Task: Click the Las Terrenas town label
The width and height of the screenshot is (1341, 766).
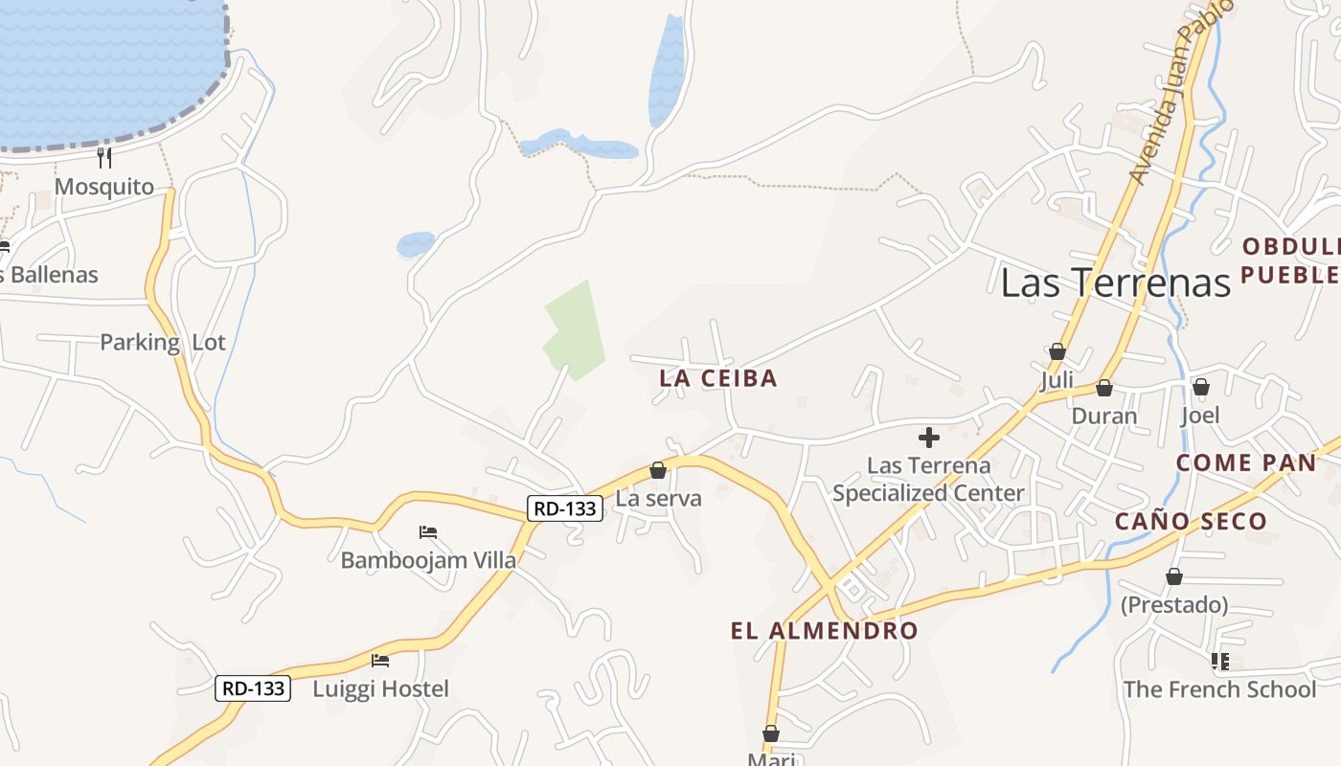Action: coord(1115,282)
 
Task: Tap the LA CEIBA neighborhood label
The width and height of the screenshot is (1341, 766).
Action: coord(718,378)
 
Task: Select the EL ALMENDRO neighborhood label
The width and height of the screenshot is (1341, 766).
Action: coord(824,631)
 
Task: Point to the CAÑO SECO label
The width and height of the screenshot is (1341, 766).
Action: coord(1191,522)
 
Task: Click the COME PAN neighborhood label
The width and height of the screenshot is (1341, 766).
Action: coord(1246,463)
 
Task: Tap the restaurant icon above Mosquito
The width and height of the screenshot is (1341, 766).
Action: coord(104,157)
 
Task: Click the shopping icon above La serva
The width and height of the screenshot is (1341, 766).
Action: coord(658,470)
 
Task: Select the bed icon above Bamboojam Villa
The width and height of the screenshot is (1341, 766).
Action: coord(428,532)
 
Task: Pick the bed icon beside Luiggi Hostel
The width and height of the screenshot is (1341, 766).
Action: coord(380,660)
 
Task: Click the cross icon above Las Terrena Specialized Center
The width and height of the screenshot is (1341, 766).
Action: coord(928,439)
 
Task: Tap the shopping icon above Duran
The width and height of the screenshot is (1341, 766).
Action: coord(1104,388)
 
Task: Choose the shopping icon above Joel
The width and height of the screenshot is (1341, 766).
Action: coord(1200,387)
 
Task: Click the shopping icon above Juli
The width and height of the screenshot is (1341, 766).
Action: coord(1057,351)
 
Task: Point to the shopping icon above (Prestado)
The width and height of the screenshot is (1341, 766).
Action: coord(1174,576)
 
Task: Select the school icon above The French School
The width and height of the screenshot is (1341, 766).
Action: coord(1219,661)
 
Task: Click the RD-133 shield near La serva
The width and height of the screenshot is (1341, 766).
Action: coord(565,508)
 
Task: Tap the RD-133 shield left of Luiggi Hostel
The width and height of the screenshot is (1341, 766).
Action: coord(253,687)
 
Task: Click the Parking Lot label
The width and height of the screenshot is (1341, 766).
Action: coord(163,343)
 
